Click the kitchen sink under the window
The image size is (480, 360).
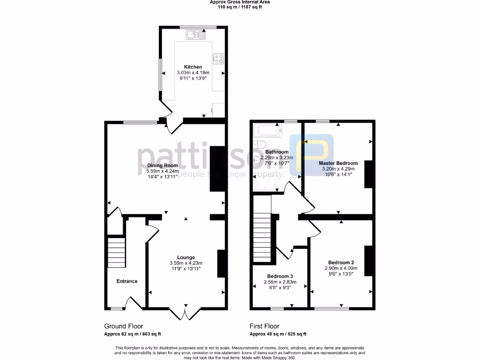[x=196, y=34]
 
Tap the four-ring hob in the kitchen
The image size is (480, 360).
[x=218, y=59]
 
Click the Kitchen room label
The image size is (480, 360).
[x=193, y=67]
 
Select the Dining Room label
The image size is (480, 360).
[x=163, y=165]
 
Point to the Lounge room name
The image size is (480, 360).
[x=186, y=257]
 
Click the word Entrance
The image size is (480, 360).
[x=127, y=281]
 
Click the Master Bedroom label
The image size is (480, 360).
[x=338, y=163]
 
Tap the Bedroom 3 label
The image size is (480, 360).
[x=280, y=276]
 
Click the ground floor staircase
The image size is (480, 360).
[x=116, y=252]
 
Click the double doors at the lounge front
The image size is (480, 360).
[x=186, y=313]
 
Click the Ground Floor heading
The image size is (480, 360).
[x=123, y=326]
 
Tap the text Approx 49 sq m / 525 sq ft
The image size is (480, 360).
[x=277, y=334]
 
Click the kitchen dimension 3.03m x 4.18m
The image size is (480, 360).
[x=193, y=73]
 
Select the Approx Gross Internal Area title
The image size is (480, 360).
[x=240, y=2]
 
